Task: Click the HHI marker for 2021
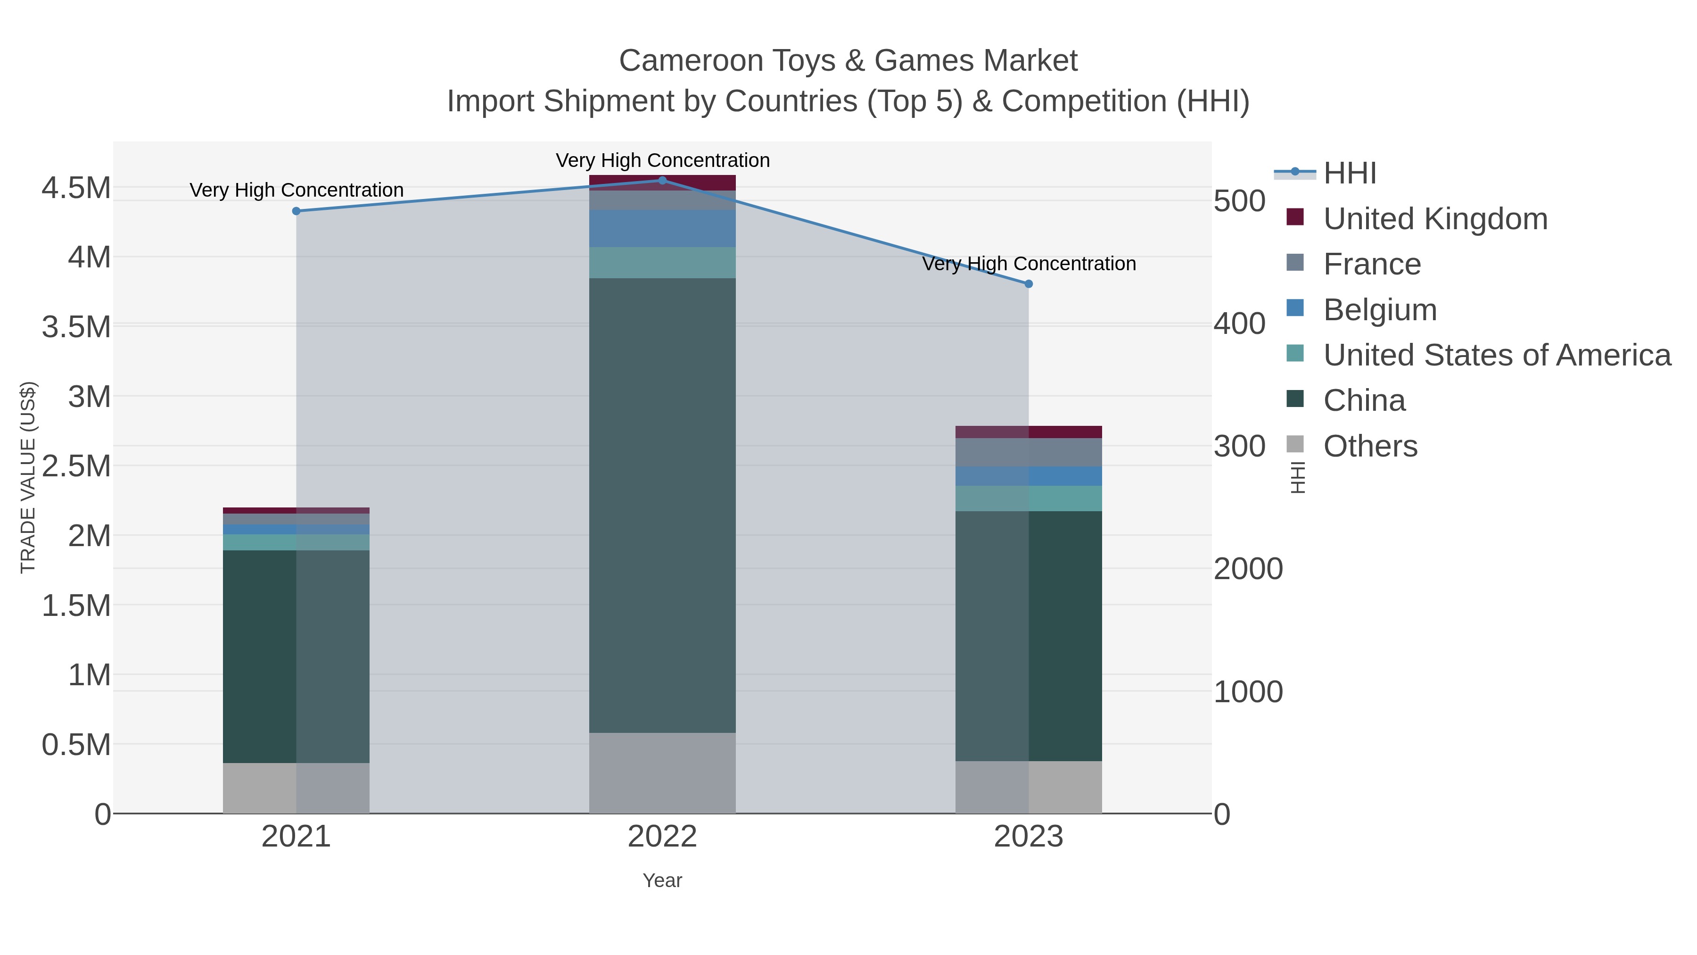pyautogui.click(x=297, y=211)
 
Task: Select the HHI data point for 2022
pyautogui.click(x=662, y=181)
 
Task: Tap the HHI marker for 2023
pyautogui.click(x=1029, y=284)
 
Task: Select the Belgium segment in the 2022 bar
pyautogui.click(x=662, y=229)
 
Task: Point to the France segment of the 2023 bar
pyautogui.click(x=1029, y=452)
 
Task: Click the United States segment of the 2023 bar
pyautogui.click(x=1029, y=498)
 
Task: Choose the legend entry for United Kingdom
pyautogui.click(x=1435, y=219)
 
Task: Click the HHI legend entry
pyautogui.click(x=1349, y=174)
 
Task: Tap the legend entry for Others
pyautogui.click(x=1370, y=446)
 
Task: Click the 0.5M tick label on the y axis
pyautogui.click(x=76, y=745)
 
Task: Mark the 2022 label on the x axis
pyautogui.click(x=662, y=837)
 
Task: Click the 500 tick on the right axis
pyautogui.click(x=1239, y=202)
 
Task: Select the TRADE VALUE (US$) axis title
pyautogui.click(x=28, y=477)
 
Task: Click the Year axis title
pyautogui.click(x=662, y=880)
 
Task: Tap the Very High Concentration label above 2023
pyautogui.click(x=1029, y=264)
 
